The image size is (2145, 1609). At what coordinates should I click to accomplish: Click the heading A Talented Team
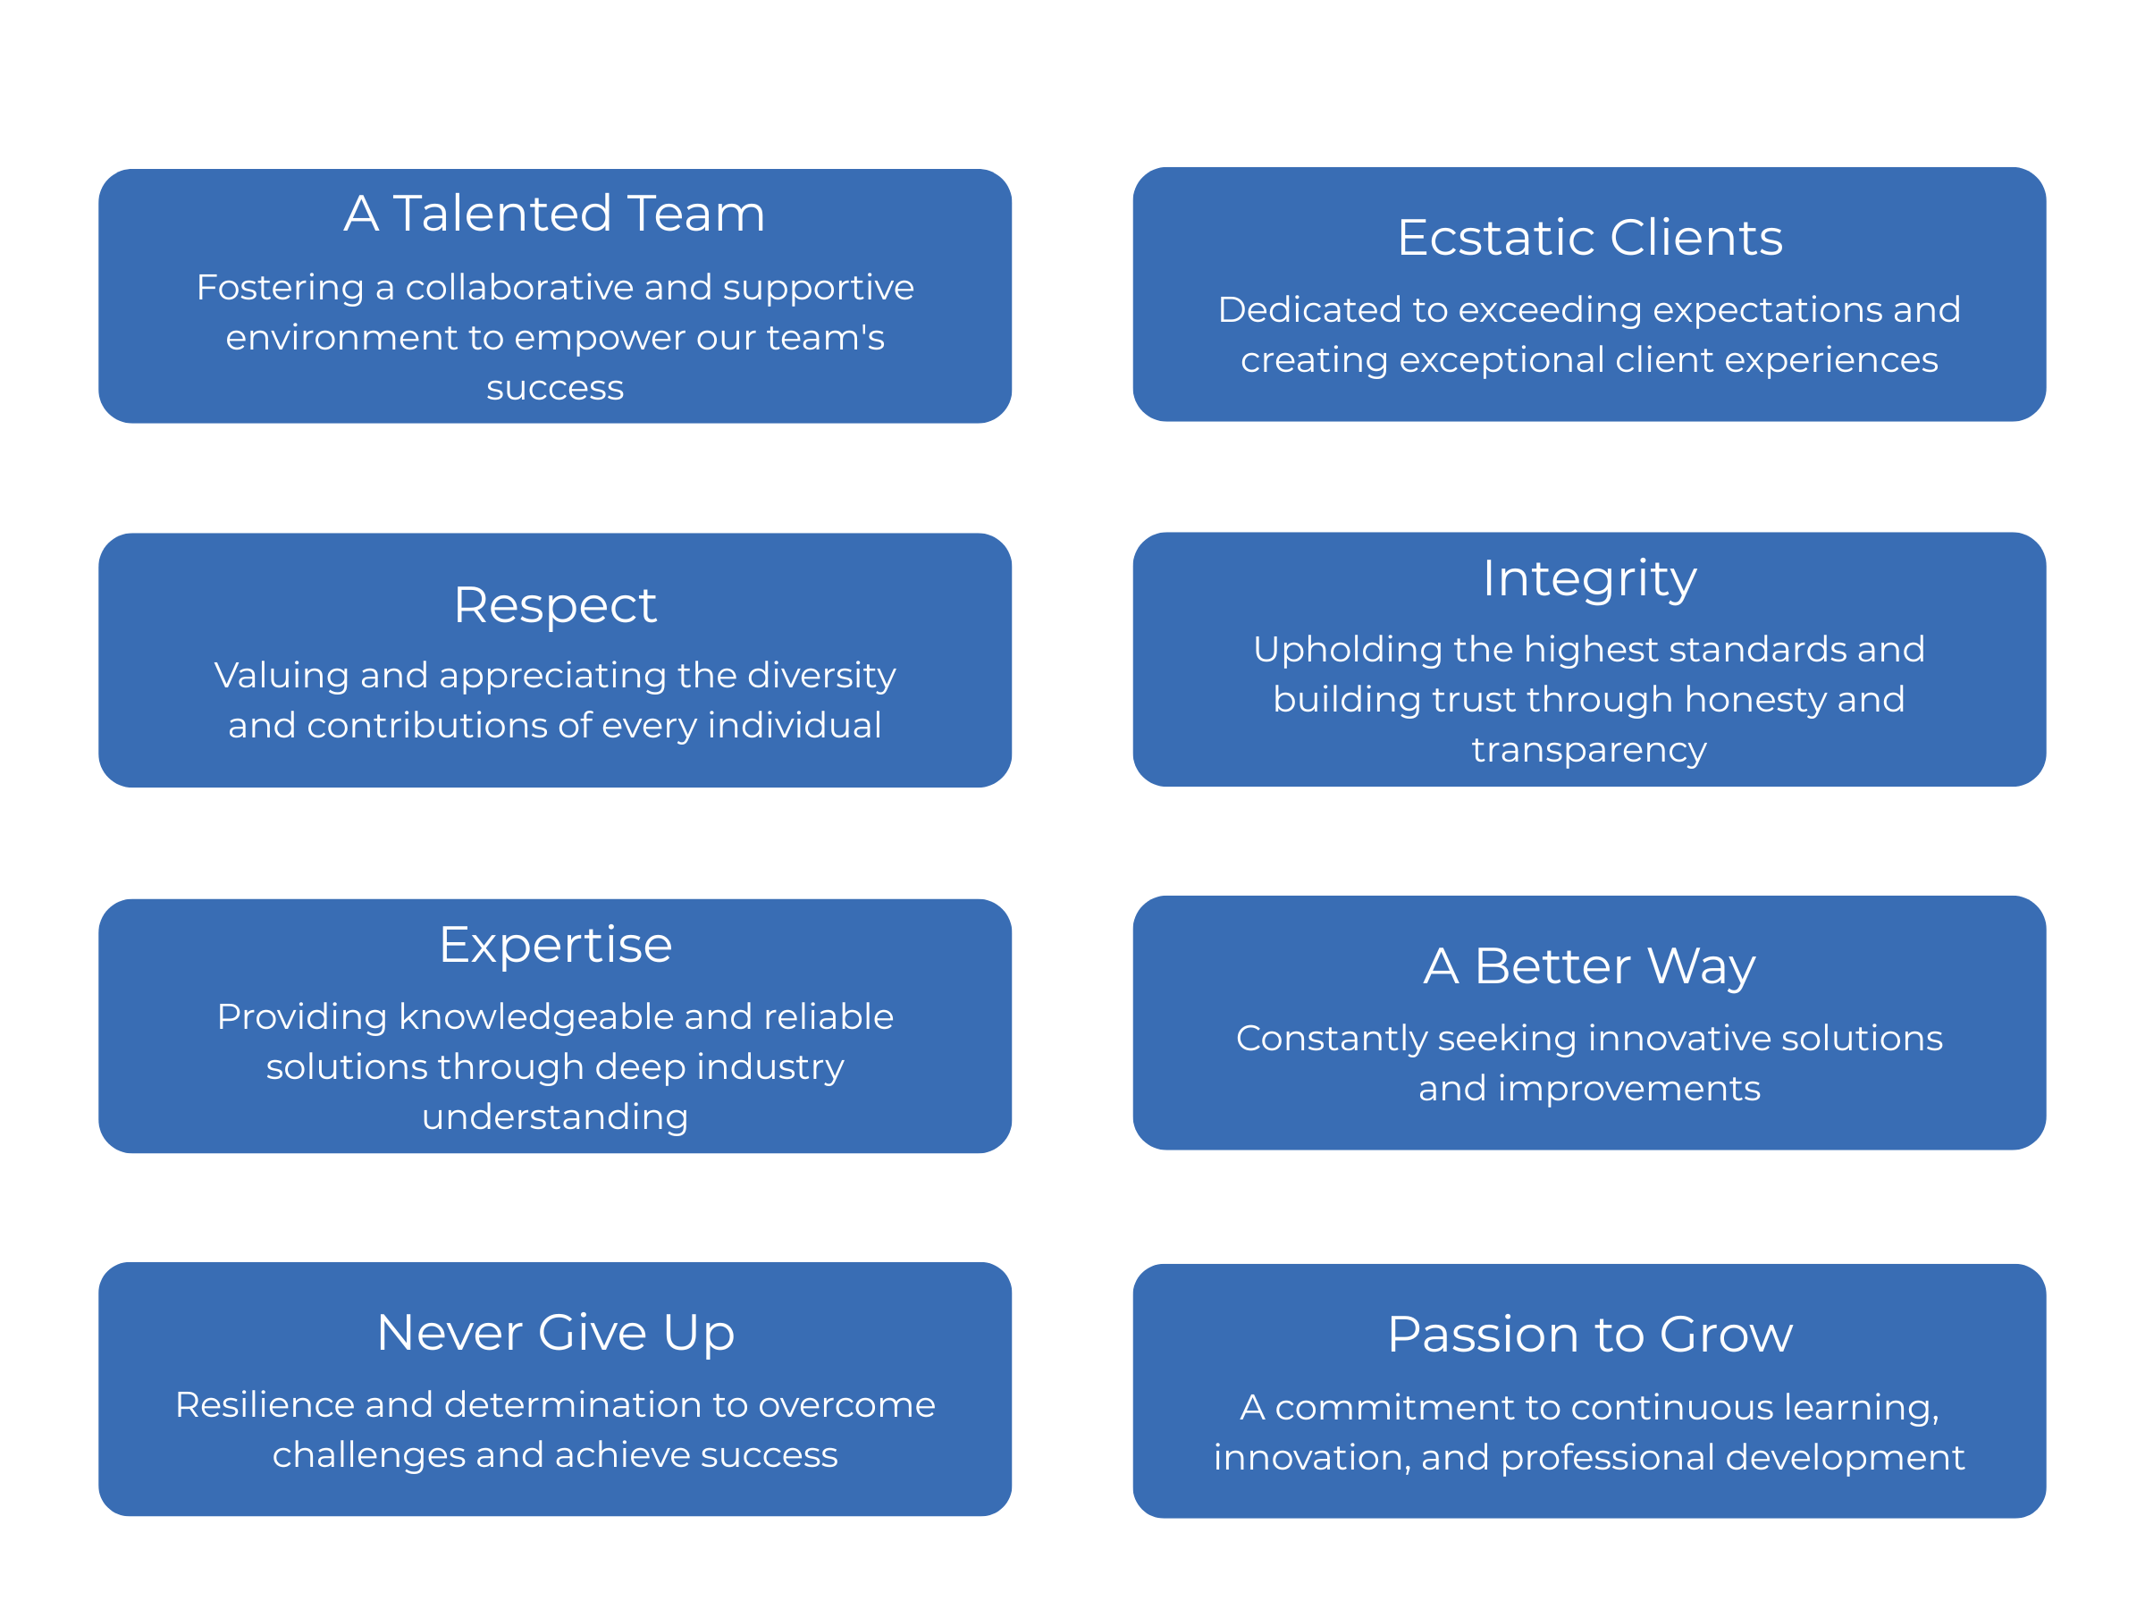pyautogui.click(x=555, y=214)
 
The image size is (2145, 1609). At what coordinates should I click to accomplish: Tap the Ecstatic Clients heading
pyautogui.click(x=1589, y=238)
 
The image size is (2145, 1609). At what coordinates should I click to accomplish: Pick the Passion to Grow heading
pyautogui.click(x=1589, y=1335)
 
